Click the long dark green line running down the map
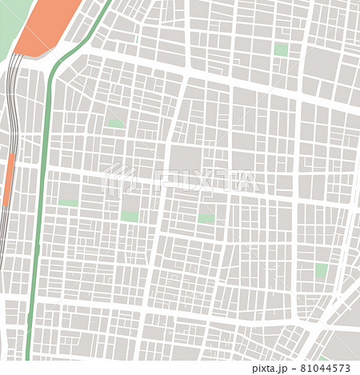pos(41,200)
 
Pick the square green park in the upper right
pos(280,50)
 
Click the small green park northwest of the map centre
pos(116,123)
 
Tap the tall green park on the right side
pos(321,270)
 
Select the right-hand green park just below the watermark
pos(206,217)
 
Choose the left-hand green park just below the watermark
pos(130,216)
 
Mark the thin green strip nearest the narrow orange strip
pos(68,203)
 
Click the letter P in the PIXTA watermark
pos(167,182)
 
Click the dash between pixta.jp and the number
pos(291,369)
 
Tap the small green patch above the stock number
pos(323,358)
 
